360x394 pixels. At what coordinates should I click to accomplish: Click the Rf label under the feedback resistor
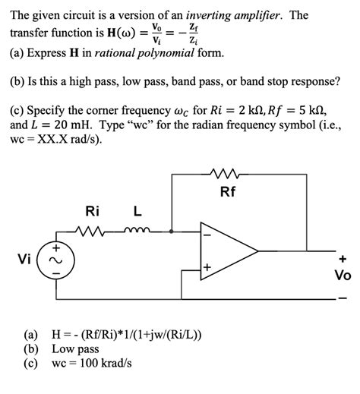229,192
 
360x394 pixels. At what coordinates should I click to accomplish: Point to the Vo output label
343,276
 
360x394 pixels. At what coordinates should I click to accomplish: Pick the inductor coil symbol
139,230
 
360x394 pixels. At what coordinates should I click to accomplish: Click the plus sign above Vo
343,259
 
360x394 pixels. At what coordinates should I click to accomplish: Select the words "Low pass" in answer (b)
75,349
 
